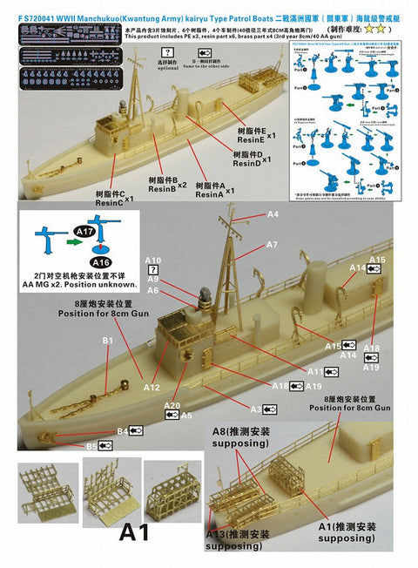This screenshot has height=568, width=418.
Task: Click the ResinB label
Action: click(x=161, y=188)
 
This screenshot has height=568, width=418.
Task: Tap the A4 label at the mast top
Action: click(x=273, y=214)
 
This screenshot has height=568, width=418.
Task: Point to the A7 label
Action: click(x=272, y=245)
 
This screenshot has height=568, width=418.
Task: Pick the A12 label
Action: click(x=151, y=386)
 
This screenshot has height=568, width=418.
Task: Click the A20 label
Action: click(x=172, y=406)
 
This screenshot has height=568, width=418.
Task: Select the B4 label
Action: click(x=122, y=430)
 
